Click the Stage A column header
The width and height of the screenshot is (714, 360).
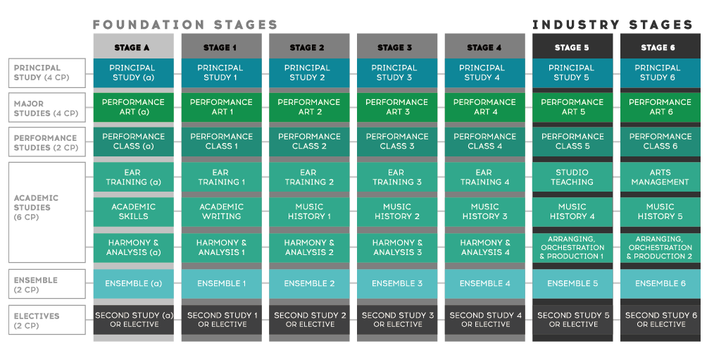pos(132,47)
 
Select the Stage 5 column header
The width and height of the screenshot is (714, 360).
pos(572,47)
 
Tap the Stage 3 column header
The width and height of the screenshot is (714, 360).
pos(396,47)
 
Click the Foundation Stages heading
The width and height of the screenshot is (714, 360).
pos(185,25)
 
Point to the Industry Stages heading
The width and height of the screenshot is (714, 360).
pos(613,25)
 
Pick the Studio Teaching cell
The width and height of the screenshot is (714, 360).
pos(572,177)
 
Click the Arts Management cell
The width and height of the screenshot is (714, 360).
pos(660,177)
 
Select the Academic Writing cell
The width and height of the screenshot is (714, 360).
pos(220,211)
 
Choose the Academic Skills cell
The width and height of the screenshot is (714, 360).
pos(132,211)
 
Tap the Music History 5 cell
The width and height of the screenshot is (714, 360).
pos(660,211)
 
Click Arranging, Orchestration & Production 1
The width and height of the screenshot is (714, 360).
pos(572,247)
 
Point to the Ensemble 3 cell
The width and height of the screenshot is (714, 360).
pos(396,283)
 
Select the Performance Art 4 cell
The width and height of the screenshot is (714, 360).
pos(484,107)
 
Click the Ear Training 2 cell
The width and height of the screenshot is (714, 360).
pos(308,177)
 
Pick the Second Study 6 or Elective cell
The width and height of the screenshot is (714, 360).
pos(660,320)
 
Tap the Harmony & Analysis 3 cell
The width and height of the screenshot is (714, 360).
pos(396,247)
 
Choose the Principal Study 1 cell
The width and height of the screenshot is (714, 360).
pos(220,73)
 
